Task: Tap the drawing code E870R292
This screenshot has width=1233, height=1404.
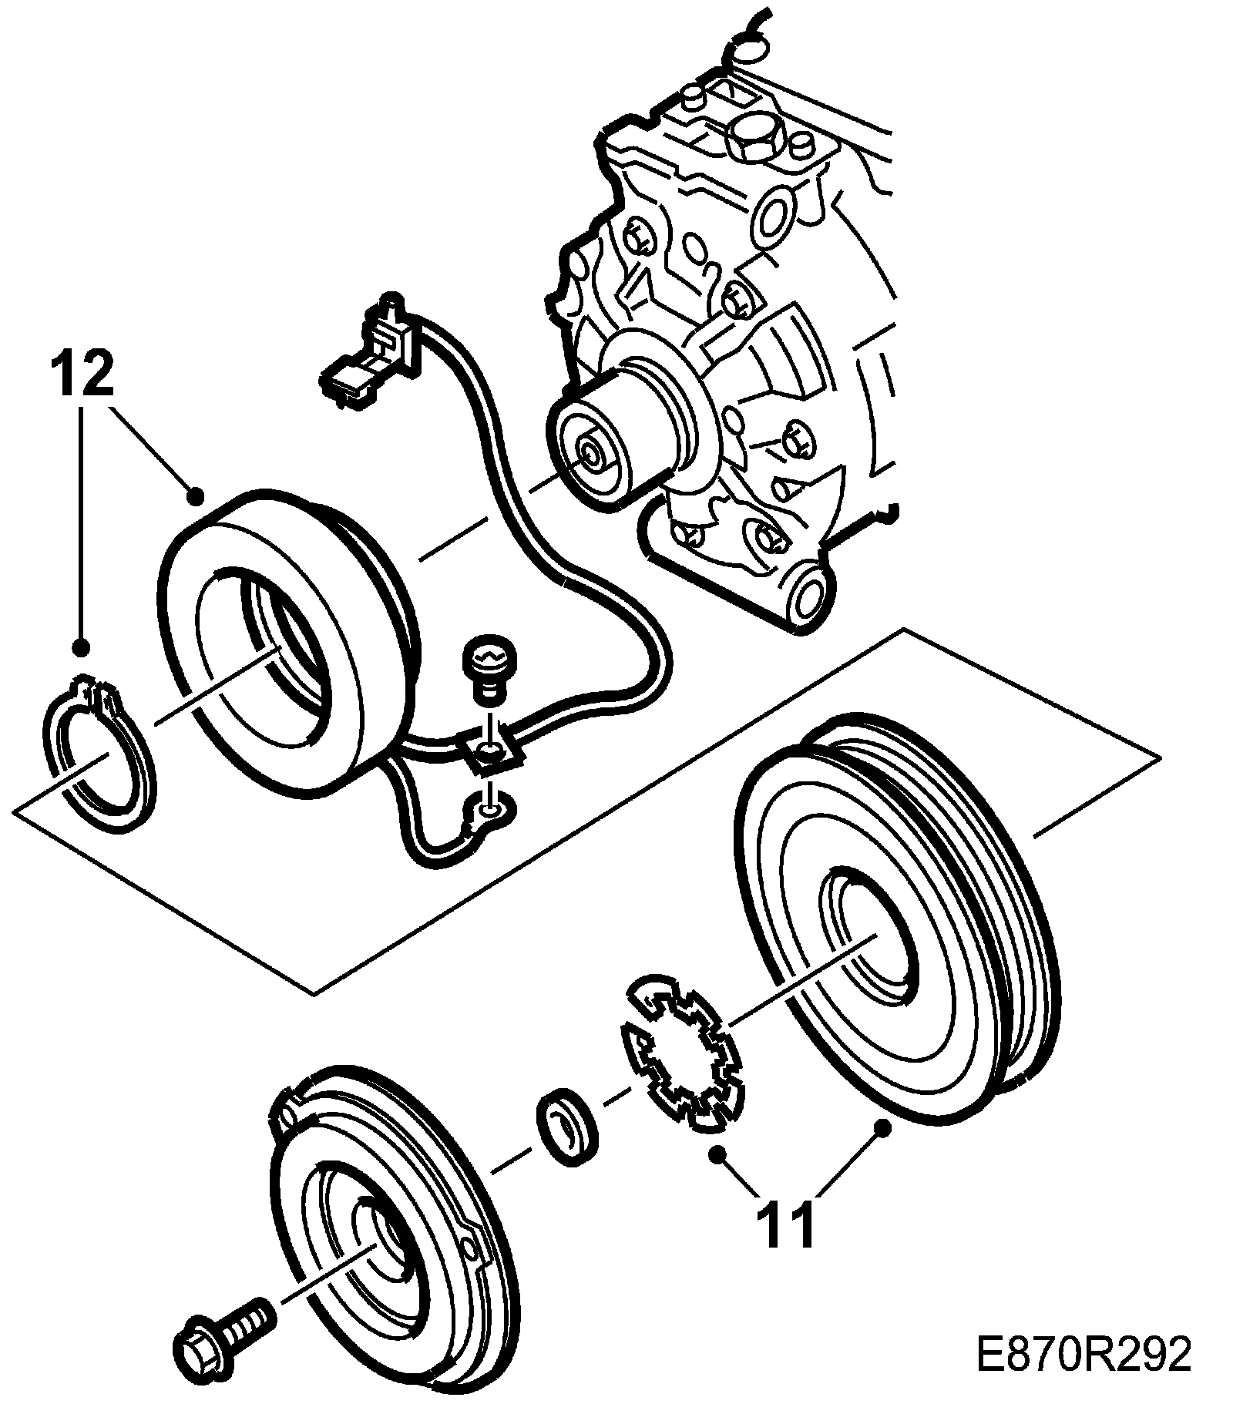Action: (1083, 1355)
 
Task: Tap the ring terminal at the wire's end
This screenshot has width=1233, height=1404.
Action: (488, 810)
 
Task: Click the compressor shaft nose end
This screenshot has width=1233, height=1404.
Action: (593, 454)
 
